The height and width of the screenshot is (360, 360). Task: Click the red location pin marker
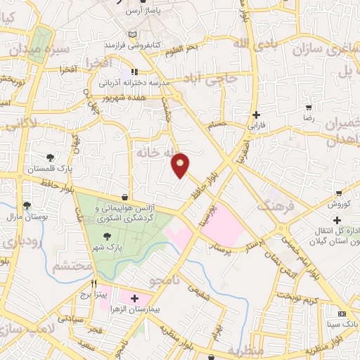point(181,165)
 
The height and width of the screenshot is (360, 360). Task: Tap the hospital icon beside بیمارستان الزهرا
point(134,300)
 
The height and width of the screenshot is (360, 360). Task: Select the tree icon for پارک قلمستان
point(49,158)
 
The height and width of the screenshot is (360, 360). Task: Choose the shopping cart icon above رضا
point(309,108)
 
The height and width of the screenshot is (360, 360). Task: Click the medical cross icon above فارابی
point(256,115)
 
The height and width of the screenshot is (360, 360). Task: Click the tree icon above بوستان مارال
point(27,207)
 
